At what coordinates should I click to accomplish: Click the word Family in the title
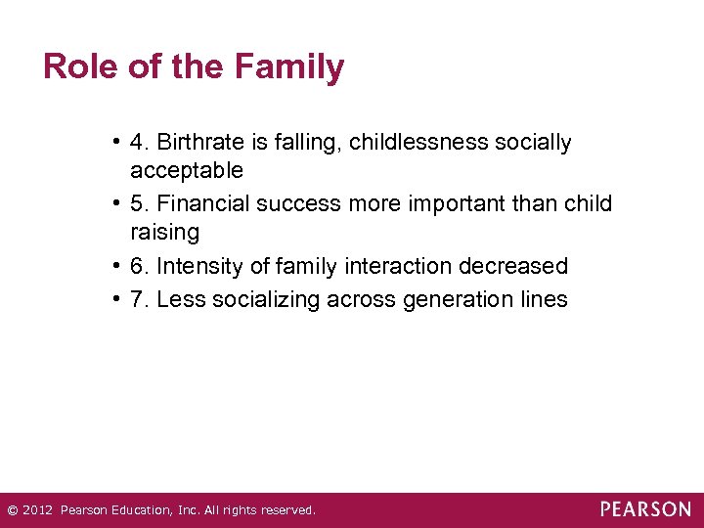(288, 67)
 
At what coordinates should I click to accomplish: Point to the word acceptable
(187, 171)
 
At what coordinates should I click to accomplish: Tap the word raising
(164, 233)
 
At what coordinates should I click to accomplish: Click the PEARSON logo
(645, 509)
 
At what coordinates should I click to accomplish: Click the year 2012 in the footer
(37, 510)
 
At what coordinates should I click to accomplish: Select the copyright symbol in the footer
(12, 510)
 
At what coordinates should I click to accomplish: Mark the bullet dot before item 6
(116, 266)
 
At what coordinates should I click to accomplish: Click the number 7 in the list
(138, 299)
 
